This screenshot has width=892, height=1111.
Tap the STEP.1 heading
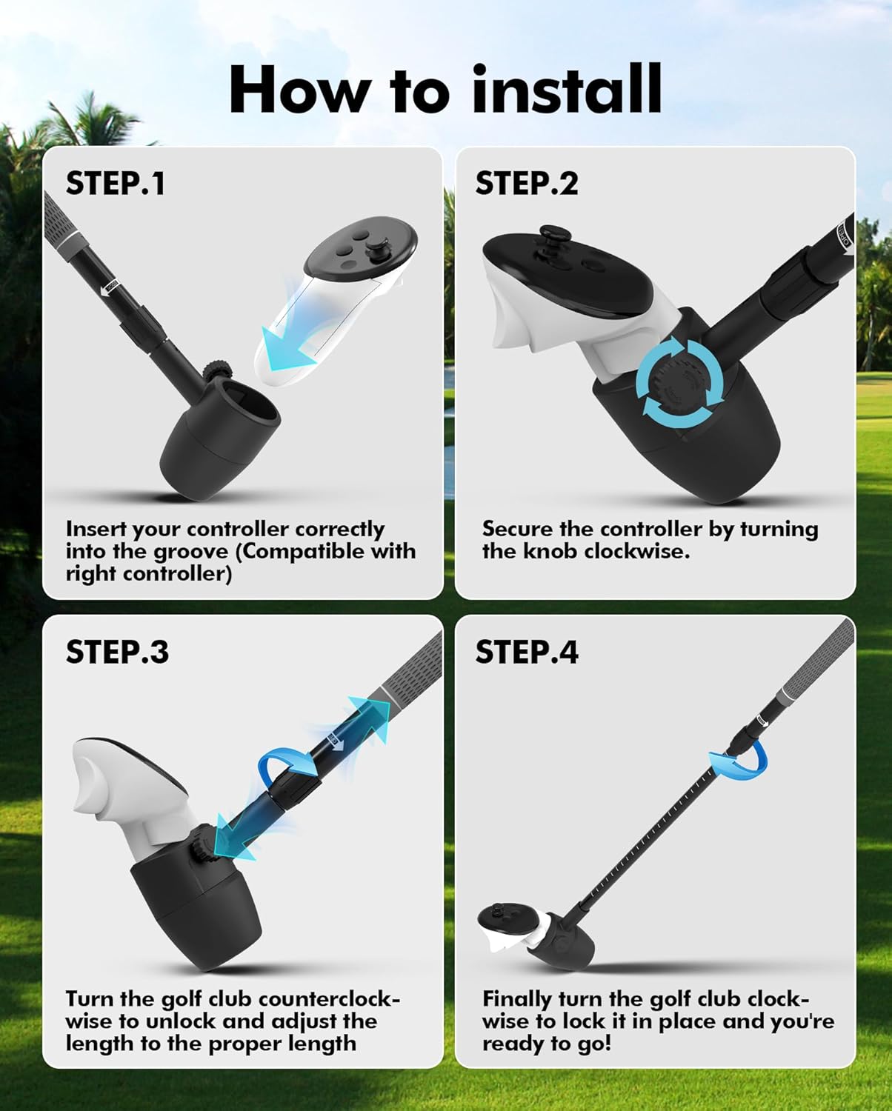pyautogui.click(x=115, y=184)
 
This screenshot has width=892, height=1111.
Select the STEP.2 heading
pyautogui.click(x=527, y=184)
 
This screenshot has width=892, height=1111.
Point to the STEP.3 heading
pyautogui.click(x=117, y=652)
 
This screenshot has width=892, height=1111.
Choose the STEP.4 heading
pyautogui.click(x=527, y=652)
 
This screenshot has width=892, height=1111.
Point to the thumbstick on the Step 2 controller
pyautogui.click(x=551, y=238)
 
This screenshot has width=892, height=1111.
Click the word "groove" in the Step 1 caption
pyautogui.click(x=191, y=553)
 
